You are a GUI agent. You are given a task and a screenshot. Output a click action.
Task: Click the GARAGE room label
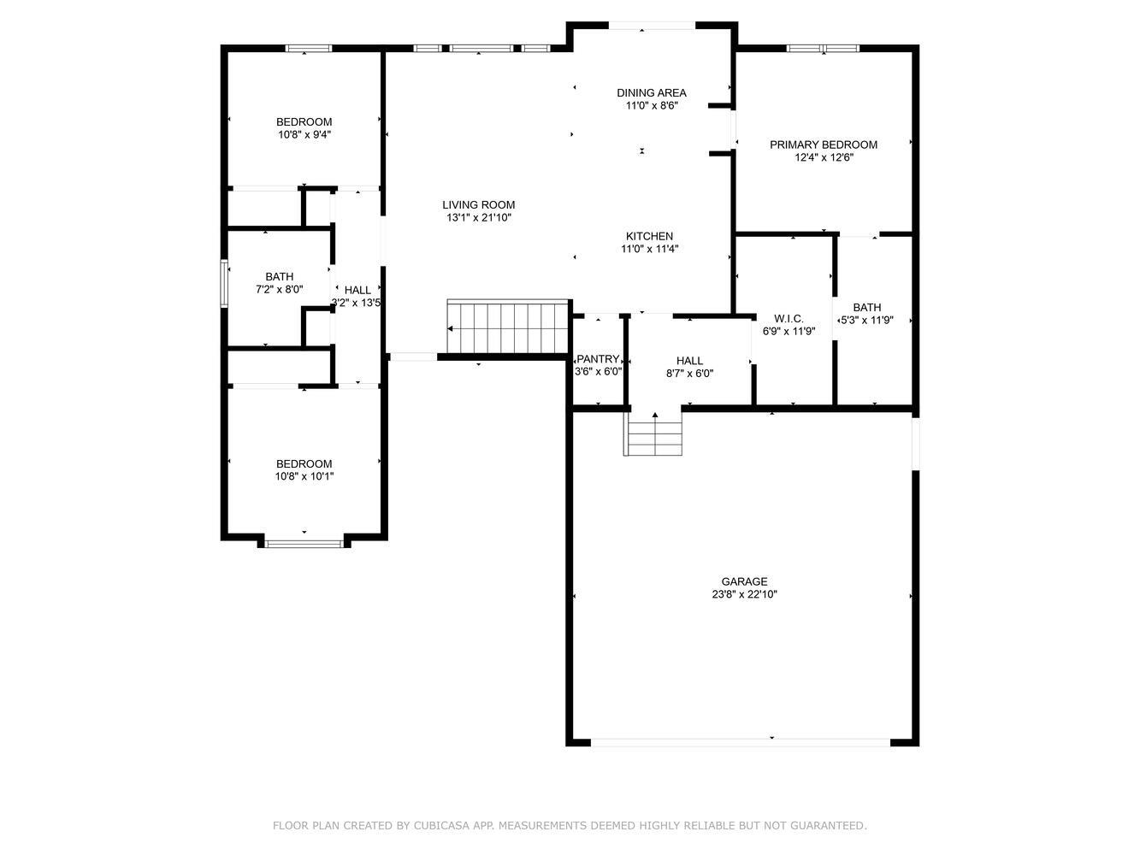(x=744, y=581)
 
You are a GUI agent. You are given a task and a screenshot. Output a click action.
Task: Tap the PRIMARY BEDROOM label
(x=824, y=144)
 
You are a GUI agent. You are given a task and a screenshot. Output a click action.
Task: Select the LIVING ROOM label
(x=478, y=205)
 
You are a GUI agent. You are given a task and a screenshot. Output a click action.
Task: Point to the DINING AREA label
(x=652, y=93)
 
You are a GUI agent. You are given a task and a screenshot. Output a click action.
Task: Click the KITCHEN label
(x=649, y=236)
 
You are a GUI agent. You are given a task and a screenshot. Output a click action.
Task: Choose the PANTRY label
(x=598, y=359)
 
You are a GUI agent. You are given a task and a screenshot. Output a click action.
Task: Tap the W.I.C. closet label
(x=789, y=319)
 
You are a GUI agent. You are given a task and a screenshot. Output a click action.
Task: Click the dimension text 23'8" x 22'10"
(x=744, y=594)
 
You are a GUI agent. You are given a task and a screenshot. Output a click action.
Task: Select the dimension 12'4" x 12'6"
(x=824, y=157)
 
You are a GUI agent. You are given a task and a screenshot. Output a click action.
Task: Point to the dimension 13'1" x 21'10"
(x=478, y=217)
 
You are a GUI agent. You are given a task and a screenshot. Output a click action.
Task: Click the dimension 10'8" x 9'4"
(x=304, y=135)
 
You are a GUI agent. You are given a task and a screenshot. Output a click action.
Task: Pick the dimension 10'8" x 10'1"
(x=304, y=476)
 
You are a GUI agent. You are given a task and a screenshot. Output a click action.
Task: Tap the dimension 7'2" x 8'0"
(x=279, y=289)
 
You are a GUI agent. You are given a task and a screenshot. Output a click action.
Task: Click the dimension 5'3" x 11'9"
(x=866, y=321)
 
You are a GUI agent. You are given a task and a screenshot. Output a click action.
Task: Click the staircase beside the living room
(x=507, y=327)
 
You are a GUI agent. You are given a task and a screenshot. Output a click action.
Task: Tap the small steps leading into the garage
(x=653, y=433)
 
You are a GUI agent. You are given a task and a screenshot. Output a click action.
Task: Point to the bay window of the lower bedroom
(x=304, y=544)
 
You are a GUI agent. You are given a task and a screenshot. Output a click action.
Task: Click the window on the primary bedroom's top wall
(x=824, y=49)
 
